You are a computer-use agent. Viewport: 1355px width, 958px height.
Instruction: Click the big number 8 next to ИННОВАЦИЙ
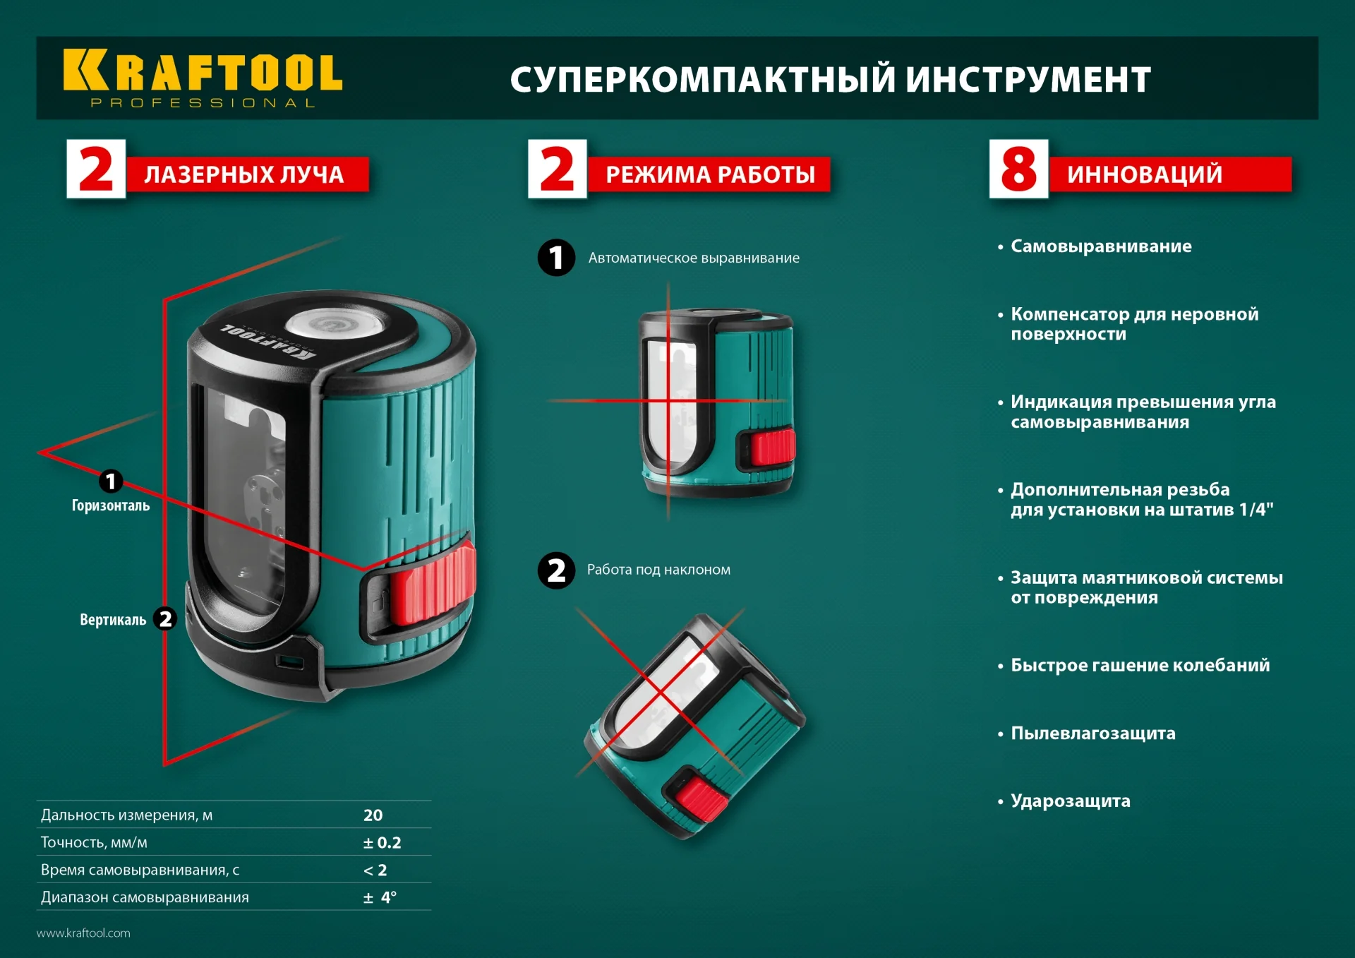[1018, 169]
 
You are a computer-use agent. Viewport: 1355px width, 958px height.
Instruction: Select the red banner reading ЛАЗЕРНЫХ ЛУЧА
[244, 174]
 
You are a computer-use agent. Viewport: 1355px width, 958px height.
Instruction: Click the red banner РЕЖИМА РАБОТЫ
[709, 174]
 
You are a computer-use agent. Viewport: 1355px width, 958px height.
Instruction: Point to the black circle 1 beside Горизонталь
[110, 481]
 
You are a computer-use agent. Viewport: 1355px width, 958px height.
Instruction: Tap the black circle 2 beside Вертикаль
[165, 619]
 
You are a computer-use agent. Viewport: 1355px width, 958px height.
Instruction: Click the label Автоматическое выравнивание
[693, 258]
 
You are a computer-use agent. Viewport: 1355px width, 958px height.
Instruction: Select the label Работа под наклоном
[658, 570]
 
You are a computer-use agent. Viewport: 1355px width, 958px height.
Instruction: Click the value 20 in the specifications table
[373, 815]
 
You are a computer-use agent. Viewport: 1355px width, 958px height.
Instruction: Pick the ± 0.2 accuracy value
[382, 843]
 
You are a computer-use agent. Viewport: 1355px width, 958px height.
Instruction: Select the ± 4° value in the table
[380, 898]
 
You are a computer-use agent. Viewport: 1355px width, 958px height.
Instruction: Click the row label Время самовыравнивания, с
[140, 870]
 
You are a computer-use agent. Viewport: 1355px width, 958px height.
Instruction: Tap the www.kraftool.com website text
[83, 933]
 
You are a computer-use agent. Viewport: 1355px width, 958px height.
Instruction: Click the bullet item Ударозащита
[1070, 801]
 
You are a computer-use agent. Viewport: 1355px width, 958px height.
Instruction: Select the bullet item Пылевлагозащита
[1092, 734]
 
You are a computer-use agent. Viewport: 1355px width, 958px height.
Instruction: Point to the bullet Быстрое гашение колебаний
[1139, 666]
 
